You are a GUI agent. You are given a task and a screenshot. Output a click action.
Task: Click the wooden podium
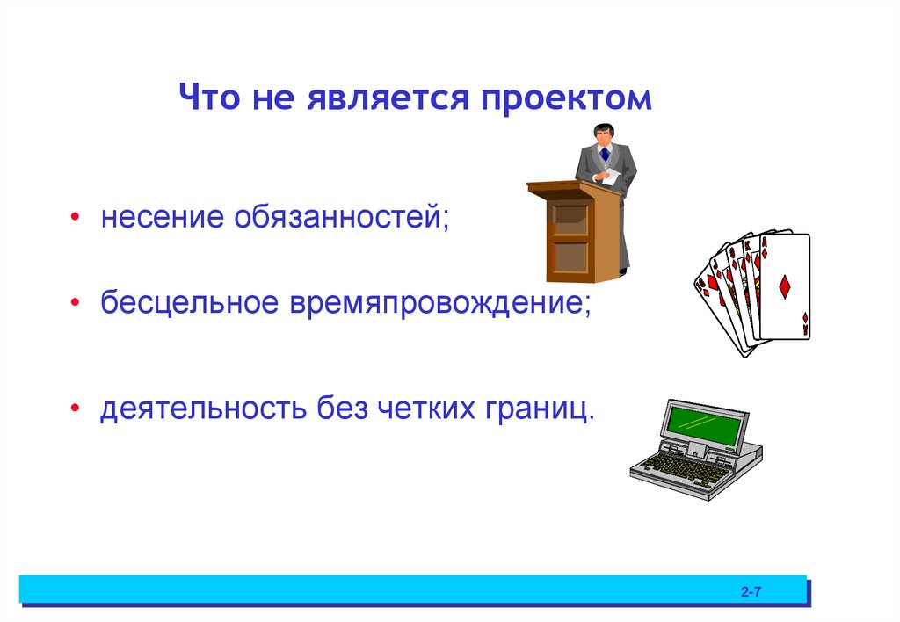[571, 237]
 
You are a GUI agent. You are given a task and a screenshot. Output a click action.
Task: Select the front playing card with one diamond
[784, 286]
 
